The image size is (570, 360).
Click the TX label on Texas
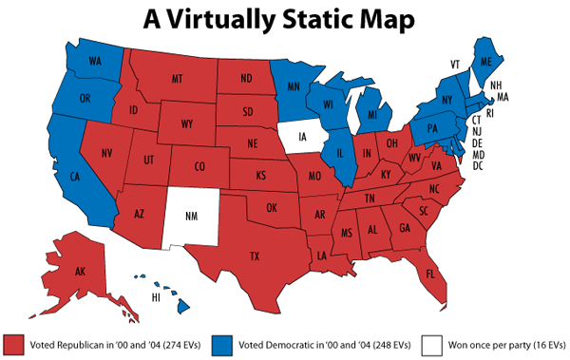click(x=254, y=256)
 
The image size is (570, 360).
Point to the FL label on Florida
click(x=430, y=275)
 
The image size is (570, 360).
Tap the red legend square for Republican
click(x=13, y=342)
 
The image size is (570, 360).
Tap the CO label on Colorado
click(x=199, y=167)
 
